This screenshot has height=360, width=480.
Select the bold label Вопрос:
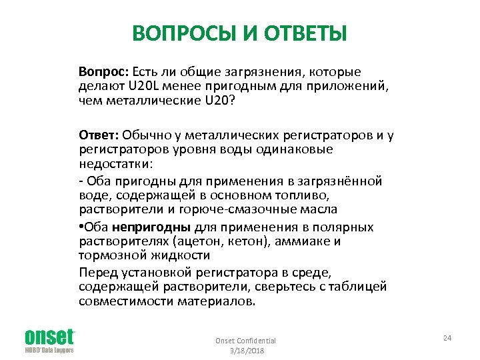103,71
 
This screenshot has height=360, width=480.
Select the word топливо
311,195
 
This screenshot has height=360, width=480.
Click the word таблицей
357,287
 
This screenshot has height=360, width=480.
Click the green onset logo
49,336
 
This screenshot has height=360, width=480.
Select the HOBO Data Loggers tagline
49,350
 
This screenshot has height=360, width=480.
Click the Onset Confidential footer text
245,341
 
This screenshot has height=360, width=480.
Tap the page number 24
447,339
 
